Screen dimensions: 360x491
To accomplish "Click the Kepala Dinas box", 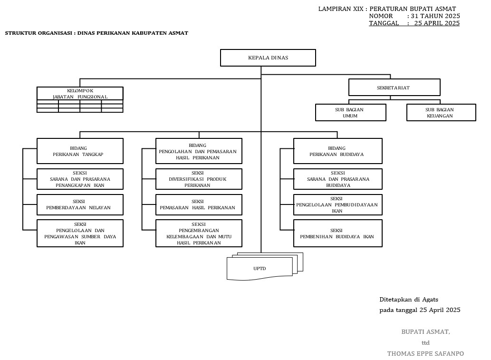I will pos(268,58).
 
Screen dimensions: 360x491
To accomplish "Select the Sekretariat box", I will pos(394,88).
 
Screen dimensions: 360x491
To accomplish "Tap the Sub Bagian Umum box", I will pos(350,113).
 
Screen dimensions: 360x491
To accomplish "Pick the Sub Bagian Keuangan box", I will pos(441,113).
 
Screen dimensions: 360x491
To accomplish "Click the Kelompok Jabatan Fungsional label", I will pos(80,94).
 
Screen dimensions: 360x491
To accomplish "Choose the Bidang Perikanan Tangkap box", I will pos(80,151).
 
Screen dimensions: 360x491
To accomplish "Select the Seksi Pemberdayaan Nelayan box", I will pos(80,204).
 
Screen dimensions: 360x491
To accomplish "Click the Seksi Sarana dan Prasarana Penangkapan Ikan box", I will pos(80,179).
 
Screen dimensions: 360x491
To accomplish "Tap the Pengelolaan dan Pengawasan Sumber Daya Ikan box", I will pos(80,233).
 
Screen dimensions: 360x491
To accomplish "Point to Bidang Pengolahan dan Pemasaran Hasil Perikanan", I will pos(199,151).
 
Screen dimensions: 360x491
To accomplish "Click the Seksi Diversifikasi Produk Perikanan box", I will pos(199,179).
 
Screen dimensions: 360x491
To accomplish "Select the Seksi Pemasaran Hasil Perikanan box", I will pos(199,204).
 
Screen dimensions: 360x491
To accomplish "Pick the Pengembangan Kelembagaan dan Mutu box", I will pos(199,233).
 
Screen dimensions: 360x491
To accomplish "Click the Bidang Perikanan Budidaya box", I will pos(337,151).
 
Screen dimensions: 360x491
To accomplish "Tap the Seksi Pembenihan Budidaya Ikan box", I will pos(337,233).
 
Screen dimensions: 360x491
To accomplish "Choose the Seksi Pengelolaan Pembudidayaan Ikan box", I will pos(337,204).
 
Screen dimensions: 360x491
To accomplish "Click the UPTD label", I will pos(260,269).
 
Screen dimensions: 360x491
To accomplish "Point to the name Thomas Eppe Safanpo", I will pos(425,353).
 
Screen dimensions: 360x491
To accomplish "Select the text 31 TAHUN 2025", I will pos(435,16).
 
